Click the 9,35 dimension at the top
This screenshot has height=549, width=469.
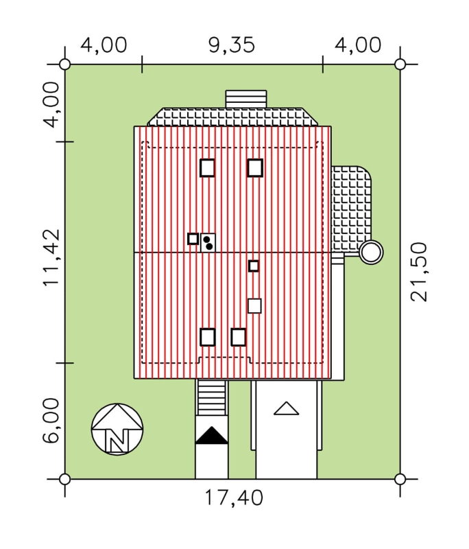(232, 45)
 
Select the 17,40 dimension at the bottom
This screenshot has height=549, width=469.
(233, 498)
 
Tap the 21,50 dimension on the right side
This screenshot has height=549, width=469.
(419, 272)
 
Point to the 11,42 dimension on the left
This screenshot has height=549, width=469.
(51, 258)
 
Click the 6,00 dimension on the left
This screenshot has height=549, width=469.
(51, 421)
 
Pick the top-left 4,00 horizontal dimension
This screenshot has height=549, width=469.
(104, 45)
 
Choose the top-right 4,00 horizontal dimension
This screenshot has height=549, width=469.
(358, 45)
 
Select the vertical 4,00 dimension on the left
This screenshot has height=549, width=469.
(51, 105)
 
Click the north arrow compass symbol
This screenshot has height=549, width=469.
(117, 429)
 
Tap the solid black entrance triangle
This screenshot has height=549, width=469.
(211, 436)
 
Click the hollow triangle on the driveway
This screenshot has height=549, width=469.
(286, 408)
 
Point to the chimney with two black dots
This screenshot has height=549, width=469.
(208, 242)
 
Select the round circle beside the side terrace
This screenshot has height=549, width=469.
(371, 252)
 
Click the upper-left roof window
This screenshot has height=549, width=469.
(207, 167)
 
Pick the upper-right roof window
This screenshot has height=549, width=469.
(255, 167)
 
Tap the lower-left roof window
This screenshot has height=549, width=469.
(207, 337)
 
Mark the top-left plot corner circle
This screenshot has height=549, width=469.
(64, 65)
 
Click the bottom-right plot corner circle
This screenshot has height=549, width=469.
(400, 479)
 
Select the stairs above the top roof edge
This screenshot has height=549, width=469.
(246, 99)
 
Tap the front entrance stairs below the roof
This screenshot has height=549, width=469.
(211, 397)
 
